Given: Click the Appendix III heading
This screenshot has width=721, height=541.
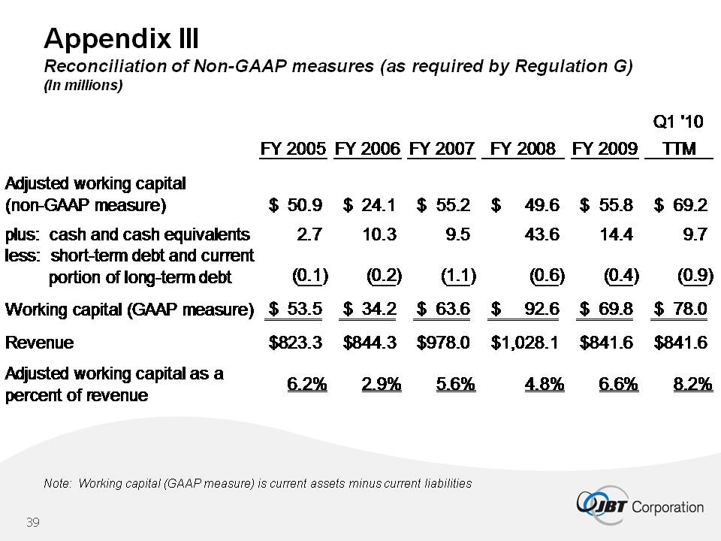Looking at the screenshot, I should coord(121,38).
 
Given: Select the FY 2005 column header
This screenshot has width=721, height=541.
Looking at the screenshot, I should coord(293,149).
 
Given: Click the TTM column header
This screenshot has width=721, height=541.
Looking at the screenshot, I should coord(679,149).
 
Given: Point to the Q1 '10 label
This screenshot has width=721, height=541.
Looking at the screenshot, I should coord(678,120).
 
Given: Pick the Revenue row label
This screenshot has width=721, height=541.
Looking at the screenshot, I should coord(40,343).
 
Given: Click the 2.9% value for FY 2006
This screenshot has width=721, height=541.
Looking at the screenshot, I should coord(381,385).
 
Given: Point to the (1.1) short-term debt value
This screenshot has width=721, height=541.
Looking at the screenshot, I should coord(458,276).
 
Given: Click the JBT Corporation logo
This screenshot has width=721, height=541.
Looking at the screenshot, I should coord(640,506).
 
